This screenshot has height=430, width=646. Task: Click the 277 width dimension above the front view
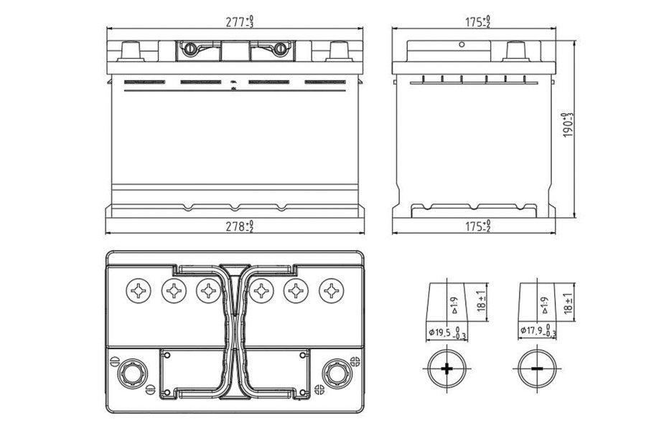tap(239, 21)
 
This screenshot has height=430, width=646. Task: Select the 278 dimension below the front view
tap(239, 226)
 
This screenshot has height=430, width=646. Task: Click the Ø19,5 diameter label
tap(444, 332)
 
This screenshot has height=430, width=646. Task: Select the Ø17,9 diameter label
tap(535, 332)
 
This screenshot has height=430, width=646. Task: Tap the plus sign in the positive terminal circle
tap(447, 369)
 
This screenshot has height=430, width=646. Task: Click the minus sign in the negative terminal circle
tap(536, 369)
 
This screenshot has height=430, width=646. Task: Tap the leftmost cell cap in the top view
tap(136, 290)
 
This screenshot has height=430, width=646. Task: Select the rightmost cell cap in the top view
tap(332, 290)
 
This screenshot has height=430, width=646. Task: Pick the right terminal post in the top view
tap(335, 372)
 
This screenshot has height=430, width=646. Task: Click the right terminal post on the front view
tap(338, 52)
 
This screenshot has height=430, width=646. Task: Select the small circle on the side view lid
tap(462, 44)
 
